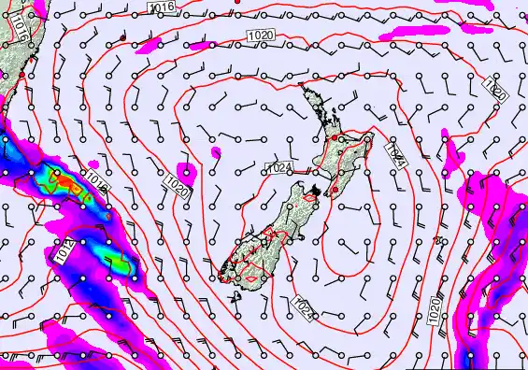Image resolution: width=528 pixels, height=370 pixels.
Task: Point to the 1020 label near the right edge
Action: pyautogui.click(x=494, y=91)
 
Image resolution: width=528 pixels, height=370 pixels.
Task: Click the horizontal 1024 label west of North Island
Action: pyautogui.click(x=278, y=168)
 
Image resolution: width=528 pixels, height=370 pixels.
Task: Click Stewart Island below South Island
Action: pyautogui.click(x=235, y=297)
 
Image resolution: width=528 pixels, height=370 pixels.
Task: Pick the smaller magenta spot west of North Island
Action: pyautogui.click(x=216, y=151)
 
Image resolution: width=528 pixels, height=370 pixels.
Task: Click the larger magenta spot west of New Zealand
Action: pyautogui.click(x=189, y=172)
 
